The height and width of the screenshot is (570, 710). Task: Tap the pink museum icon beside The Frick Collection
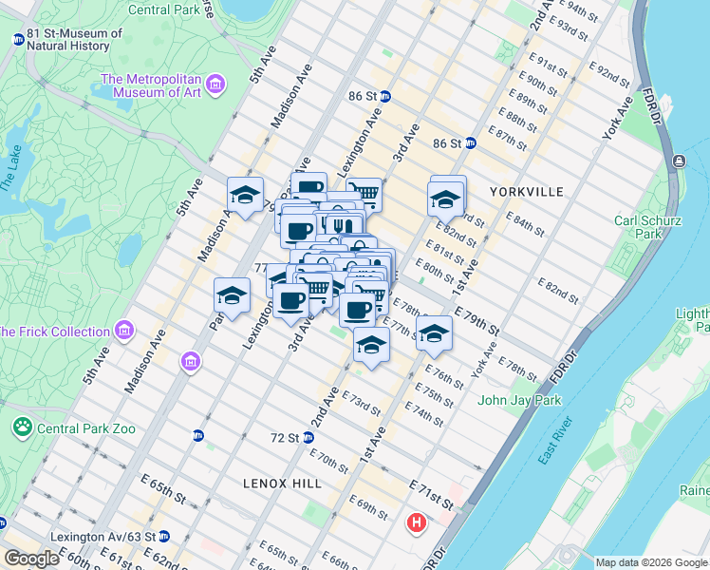[x=123, y=331]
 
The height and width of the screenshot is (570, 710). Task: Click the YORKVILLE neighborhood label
[x=527, y=192]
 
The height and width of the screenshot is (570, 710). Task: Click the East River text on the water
[x=554, y=443]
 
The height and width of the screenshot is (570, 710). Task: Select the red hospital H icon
[x=416, y=522]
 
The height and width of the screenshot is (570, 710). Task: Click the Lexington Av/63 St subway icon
[x=163, y=536]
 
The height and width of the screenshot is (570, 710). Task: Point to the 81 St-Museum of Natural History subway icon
[x=18, y=40]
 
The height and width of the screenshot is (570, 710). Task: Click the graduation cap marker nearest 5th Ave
[x=246, y=197]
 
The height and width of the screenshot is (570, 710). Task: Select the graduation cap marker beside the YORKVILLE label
[x=445, y=200]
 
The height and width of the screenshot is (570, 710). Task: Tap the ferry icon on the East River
[x=679, y=161]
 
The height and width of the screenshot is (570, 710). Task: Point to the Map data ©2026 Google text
[x=651, y=562]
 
